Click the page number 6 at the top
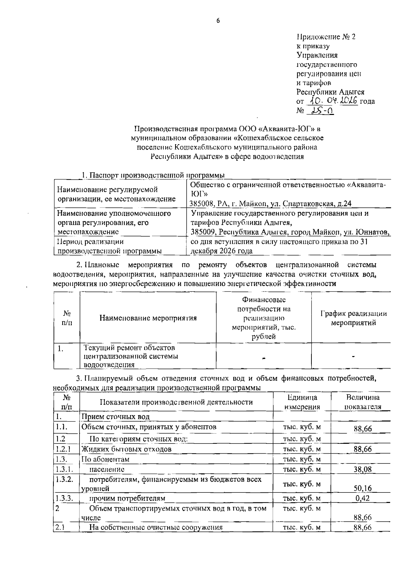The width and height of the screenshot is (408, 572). (218, 21)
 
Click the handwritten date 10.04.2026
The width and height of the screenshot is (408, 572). (333, 100)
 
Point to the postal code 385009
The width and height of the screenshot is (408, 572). (203, 232)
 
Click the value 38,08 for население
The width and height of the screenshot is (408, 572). (362, 469)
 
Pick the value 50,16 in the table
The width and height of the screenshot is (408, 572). (362, 488)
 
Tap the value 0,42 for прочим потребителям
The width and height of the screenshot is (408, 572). (362, 498)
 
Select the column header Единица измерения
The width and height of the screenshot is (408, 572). (302, 402)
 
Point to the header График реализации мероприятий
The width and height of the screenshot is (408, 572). (354, 318)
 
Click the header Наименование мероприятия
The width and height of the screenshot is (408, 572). (148, 318)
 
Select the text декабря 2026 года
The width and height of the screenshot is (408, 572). (221, 251)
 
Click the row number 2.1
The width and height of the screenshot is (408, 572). (60, 527)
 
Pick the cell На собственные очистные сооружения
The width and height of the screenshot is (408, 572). (156, 527)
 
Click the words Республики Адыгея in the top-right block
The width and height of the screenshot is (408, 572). (330, 92)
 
